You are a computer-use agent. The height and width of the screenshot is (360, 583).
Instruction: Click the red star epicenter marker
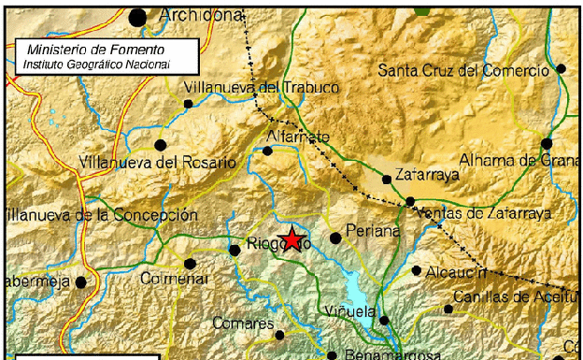click(x=292, y=238)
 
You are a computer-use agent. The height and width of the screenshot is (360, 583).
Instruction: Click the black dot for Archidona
click(x=138, y=16)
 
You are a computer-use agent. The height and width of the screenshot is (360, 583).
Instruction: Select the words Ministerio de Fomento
click(x=96, y=49)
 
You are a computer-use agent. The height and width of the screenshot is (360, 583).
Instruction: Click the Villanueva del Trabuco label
click(x=248, y=88)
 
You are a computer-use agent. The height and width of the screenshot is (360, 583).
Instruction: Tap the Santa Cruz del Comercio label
click(x=462, y=71)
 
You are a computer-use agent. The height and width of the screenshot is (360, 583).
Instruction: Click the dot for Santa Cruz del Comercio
click(x=562, y=69)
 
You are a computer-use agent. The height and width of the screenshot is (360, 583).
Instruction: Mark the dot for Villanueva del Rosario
click(x=160, y=145)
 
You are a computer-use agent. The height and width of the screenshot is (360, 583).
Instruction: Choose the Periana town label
click(x=373, y=230)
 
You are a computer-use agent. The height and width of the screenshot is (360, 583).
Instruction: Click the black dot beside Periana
click(x=336, y=238)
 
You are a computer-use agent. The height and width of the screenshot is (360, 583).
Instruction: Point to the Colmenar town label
click(x=170, y=279)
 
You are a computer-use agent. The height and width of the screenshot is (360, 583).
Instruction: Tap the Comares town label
click(x=242, y=323)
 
